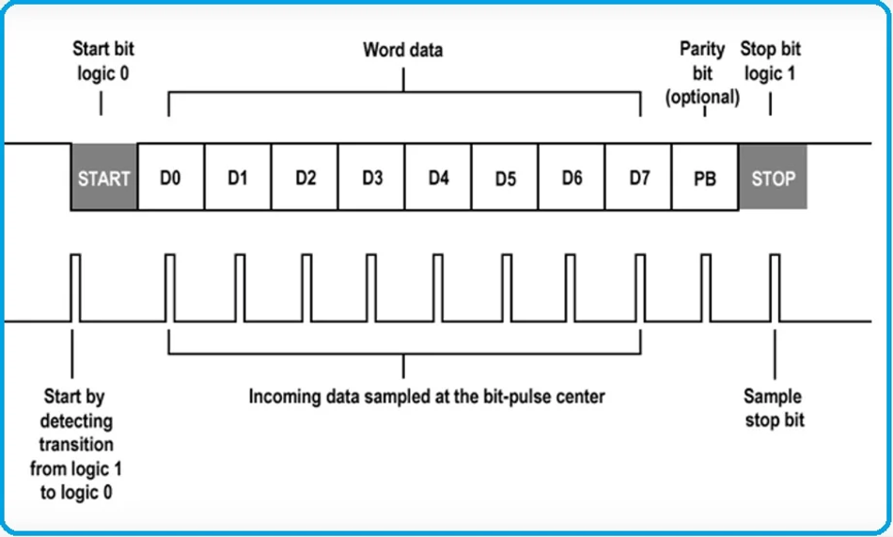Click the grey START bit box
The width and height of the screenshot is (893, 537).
[x=103, y=177]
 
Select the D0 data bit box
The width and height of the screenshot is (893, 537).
[x=170, y=177]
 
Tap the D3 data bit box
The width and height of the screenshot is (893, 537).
[x=371, y=177]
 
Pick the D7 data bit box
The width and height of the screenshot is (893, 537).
[x=638, y=177]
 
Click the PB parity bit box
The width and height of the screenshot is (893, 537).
[x=705, y=177]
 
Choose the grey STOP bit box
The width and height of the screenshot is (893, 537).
[x=773, y=177]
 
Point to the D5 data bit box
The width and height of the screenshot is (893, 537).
[x=505, y=177]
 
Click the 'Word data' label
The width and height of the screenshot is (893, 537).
[x=403, y=49]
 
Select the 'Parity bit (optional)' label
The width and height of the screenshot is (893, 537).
[x=702, y=72]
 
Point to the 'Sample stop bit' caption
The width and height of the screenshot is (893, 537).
[x=775, y=407]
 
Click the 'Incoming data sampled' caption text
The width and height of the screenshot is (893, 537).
[x=426, y=396]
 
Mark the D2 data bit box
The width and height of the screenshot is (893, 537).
[x=305, y=177]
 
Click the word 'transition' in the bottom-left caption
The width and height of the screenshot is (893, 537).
[x=76, y=444]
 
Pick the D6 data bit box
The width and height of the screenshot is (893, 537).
[x=572, y=177]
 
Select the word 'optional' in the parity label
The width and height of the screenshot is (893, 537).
[x=702, y=96]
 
